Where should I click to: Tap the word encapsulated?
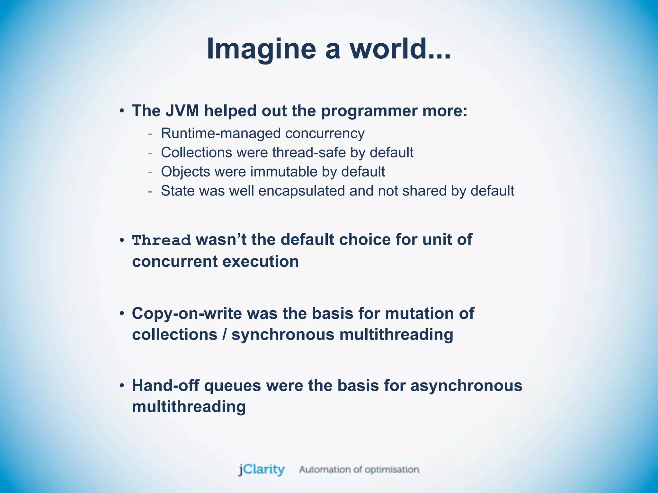coord(302,191)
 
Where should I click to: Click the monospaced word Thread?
coord(162,240)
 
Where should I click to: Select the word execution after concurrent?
coord(261,261)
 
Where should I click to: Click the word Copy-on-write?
coord(187,314)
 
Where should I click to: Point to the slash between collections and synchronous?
coord(224,335)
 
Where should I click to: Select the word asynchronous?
coord(467,385)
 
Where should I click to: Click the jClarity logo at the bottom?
coord(262,470)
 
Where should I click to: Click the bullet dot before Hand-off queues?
coord(122,386)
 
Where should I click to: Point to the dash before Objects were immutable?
coord(150,172)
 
